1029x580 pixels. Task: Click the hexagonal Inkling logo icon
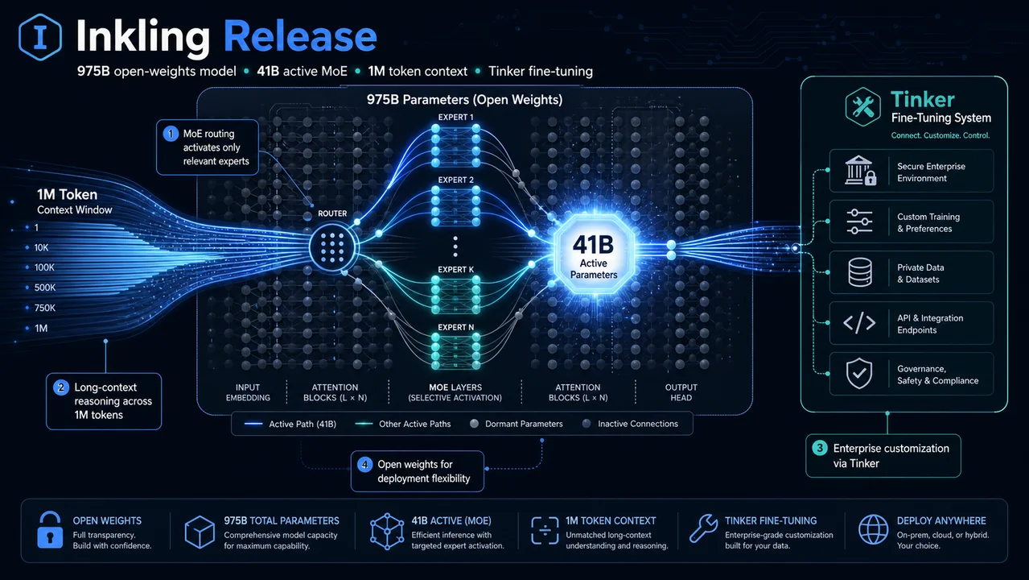coord(40,37)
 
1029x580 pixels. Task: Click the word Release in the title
coord(300,36)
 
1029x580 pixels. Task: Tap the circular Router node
coord(332,247)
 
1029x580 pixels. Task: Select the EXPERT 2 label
coord(455,180)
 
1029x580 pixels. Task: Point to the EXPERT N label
coord(455,328)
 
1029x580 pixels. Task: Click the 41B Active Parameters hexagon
coord(594,255)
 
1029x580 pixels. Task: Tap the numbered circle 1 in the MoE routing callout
coord(171,134)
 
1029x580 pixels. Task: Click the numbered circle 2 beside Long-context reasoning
coord(61,387)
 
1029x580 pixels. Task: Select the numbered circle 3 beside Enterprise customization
coord(820,448)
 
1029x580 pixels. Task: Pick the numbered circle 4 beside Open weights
coord(364,465)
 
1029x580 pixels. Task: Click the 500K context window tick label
coord(45,288)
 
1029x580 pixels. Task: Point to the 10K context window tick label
coord(41,248)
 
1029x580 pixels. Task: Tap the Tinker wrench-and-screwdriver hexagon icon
coord(862,106)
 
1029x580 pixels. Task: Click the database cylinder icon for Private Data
coord(860,272)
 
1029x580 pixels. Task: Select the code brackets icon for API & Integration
coord(859,322)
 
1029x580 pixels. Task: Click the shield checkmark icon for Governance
coord(859,374)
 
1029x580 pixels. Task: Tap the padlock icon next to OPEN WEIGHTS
coord(50,530)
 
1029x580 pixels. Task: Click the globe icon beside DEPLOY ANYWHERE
coord(873,530)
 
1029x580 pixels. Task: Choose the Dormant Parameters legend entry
coord(517,424)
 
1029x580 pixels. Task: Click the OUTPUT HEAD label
coord(681,392)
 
